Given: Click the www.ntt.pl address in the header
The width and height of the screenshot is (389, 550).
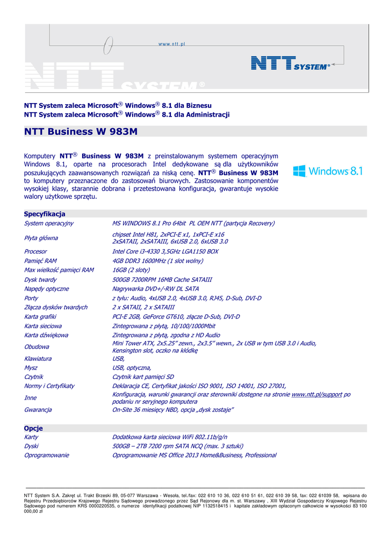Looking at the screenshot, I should click(x=171, y=45).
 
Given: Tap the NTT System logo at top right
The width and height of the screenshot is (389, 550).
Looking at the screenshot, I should click(x=291, y=64).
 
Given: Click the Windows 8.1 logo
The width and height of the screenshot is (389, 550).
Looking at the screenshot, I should click(x=328, y=171).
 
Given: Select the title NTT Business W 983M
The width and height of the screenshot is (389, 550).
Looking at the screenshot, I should click(x=81, y=132).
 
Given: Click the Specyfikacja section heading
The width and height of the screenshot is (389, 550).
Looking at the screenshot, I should click(x=45, y=214).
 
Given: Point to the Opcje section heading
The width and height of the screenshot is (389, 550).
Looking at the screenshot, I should click(x=33, y=428).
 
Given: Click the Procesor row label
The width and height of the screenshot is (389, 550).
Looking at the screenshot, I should click(x=35, y=251).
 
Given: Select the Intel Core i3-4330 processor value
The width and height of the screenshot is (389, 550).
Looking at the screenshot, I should click(x=165, y=251).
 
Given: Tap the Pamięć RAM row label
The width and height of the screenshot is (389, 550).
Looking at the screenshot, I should click(x=40, y=260).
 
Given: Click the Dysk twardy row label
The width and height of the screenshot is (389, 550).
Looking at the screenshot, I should click(x=40, y=279).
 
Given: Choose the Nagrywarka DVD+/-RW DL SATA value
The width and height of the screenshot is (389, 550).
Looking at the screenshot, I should click(x=155, y=288).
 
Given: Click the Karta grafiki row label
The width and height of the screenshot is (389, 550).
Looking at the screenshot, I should click(x=42, y=317).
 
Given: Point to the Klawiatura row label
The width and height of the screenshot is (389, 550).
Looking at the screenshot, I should click(x=38, y=358).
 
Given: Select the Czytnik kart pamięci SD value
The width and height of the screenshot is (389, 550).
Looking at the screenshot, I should click(x=143, y=377).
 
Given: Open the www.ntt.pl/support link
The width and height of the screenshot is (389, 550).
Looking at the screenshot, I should click(x=316, y=394).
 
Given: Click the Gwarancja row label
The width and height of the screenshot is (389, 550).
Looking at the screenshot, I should click(x=38, y=410).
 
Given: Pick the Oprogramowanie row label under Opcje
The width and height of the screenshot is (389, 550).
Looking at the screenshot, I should click(x=47, y=455).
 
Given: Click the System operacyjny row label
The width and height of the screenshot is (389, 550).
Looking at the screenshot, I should click(x=49, y=223).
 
